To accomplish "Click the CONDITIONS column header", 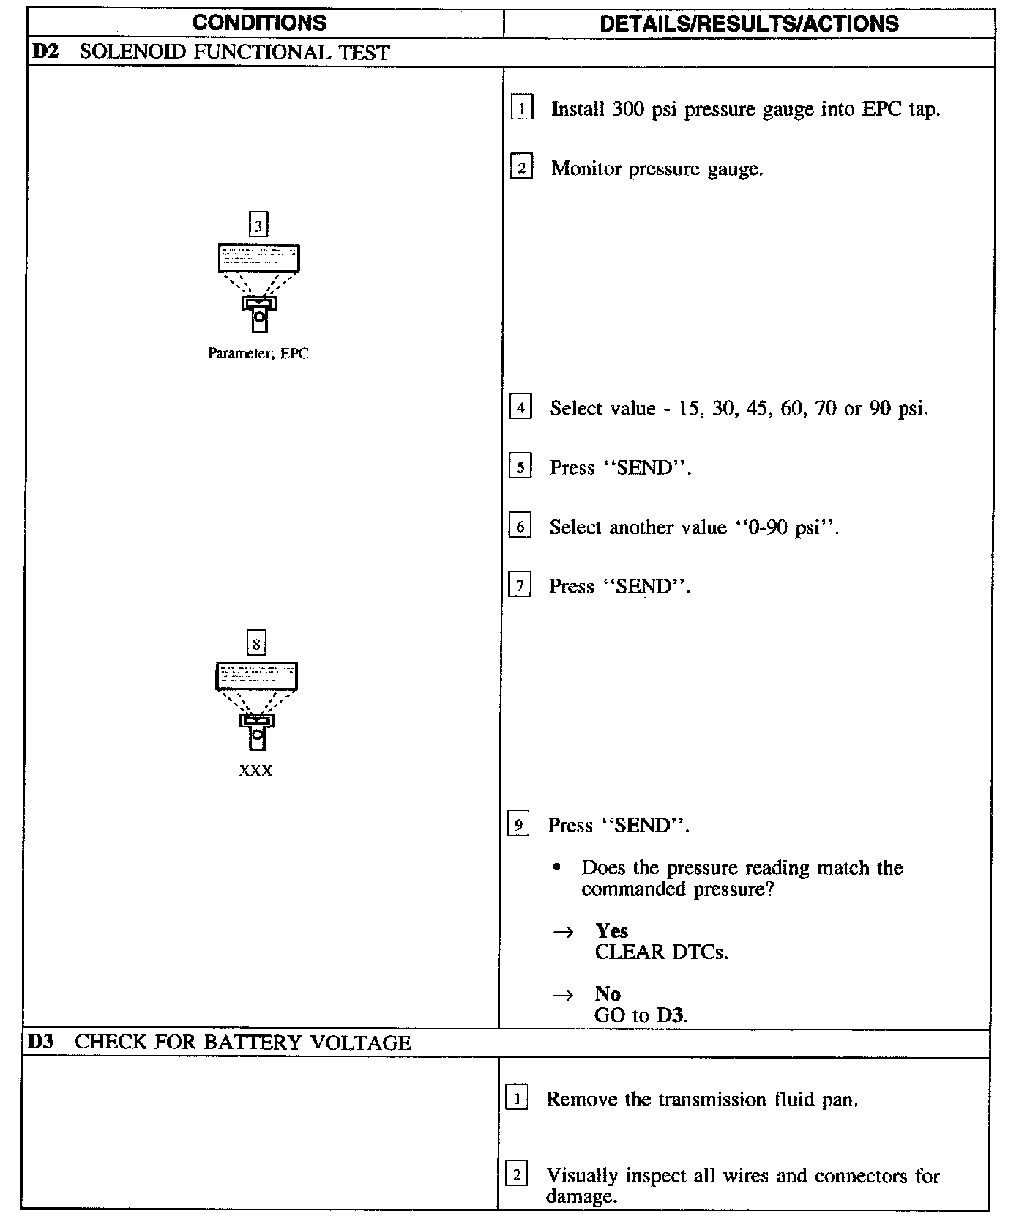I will click(x=259, y=23).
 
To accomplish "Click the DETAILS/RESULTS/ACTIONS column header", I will click(x=749, y=23).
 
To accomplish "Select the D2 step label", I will click(x=45, y=52).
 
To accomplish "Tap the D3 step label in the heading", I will click(x=41, y=1042).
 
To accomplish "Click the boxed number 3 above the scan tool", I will click(x=258, y=225).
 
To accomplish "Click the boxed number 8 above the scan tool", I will click(x=255, y=643).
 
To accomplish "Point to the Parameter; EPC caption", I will click(x=258, y=354).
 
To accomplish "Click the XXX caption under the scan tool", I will click(x=255, y=771).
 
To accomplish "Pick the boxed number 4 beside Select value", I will click(x=520, y=407).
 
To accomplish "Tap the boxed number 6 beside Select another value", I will click(x=519, y=526).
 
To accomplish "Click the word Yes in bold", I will click(x=611, y=930).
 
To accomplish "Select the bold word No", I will click(x=608, y=993).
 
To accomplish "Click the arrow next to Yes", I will click(x=562, y=932).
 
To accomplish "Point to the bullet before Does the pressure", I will click(x=557, y=867).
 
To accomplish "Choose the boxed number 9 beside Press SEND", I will click(x=518, y=824).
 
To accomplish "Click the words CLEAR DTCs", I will click(x=661, y=952).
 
